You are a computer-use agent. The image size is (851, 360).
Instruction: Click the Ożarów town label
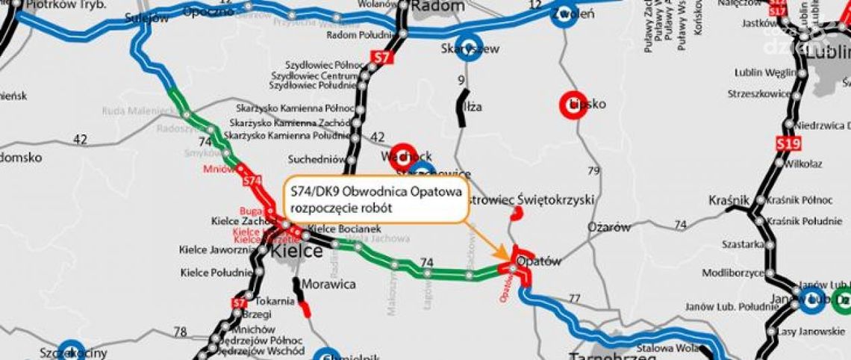tap(609, 228)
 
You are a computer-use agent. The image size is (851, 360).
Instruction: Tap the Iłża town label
tap(473, 107)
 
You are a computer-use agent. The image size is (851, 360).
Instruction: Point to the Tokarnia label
tap(274, 302)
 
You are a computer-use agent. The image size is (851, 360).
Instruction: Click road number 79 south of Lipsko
tap(593, 171)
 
